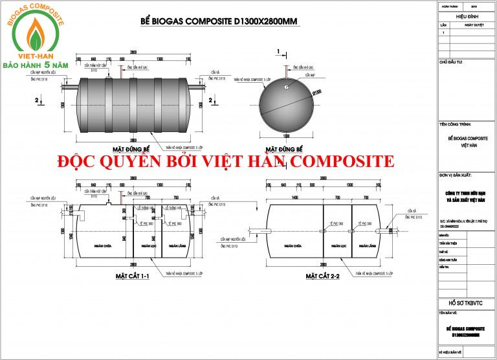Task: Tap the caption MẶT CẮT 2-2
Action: (x=322, y=276)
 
